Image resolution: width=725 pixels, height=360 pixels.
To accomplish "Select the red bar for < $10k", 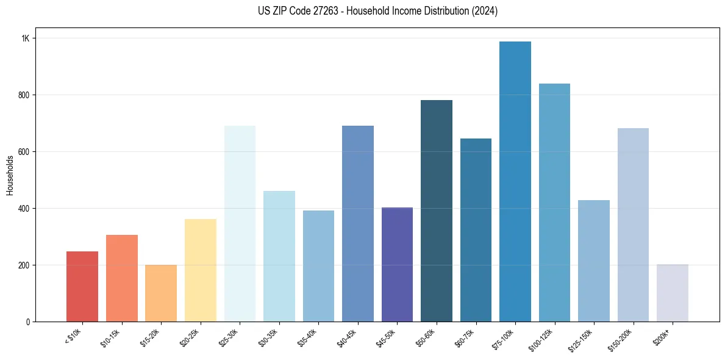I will tap(82, 286).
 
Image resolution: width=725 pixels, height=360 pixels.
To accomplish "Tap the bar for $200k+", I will tap(672, 293).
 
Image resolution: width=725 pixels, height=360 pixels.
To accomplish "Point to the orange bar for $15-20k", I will tap(161, 293).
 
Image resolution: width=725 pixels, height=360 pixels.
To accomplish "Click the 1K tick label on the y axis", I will tap(26, 38).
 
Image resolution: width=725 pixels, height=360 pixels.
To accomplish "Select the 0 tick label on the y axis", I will tap(28, 322).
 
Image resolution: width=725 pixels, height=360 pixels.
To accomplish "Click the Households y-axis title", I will tap(10, 175).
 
